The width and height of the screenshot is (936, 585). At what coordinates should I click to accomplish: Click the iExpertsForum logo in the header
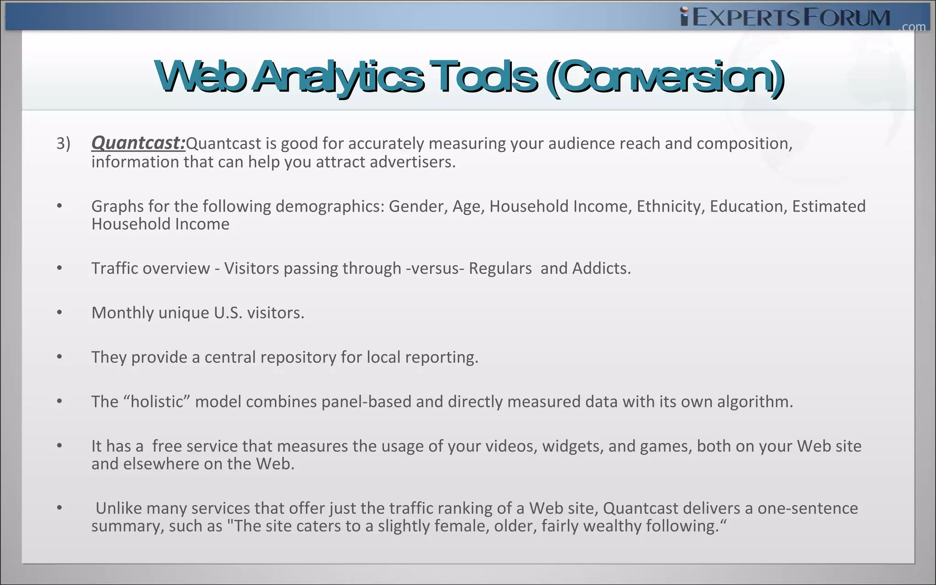point(785,17)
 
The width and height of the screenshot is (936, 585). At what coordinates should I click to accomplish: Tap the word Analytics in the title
point(338,77)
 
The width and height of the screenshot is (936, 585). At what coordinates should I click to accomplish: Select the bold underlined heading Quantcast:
point(138,143)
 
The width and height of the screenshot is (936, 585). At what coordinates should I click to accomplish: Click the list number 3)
point(63,144)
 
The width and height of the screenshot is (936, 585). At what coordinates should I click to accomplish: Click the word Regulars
point(500,268)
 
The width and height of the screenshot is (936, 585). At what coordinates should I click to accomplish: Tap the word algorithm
point(755,401)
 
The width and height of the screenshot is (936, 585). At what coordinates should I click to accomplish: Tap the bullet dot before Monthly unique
point(59,313)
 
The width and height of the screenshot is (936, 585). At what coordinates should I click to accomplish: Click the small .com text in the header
point(912,27)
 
